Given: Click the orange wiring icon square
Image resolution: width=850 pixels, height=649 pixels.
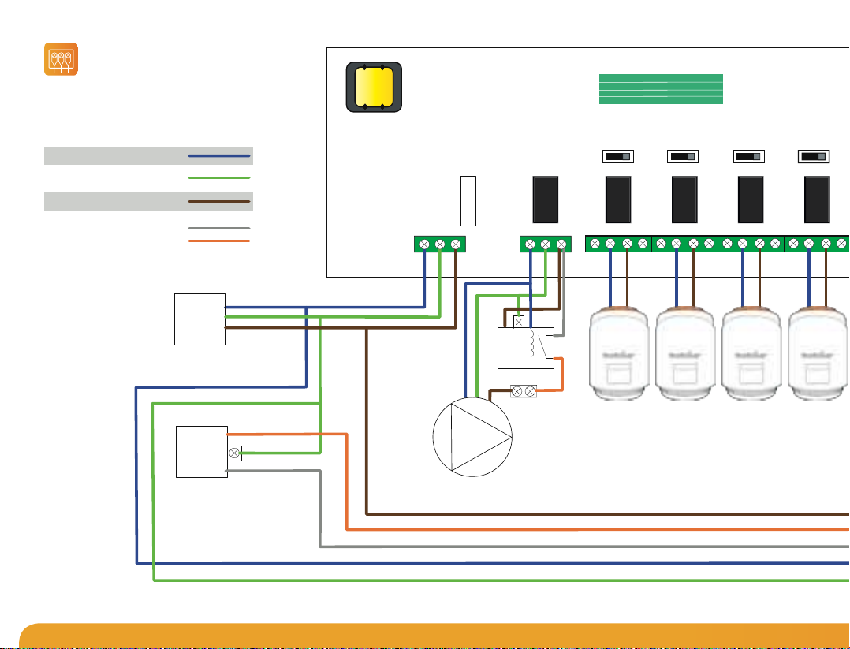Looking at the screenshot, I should [x=61, y=60].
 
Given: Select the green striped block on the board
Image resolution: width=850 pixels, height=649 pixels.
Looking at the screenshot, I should [x=661, y=89].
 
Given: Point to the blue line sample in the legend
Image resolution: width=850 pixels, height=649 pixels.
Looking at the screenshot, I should [x=219, y=156].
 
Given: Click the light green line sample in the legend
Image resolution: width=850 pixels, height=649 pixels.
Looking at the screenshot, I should [x=219, y=178].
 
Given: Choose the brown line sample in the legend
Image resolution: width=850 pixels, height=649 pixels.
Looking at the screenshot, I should [x=219, y=202].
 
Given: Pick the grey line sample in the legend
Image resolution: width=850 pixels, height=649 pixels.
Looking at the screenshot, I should [x=219, y=229].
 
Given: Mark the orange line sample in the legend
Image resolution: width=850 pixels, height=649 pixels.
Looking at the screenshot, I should [x=219, y=241].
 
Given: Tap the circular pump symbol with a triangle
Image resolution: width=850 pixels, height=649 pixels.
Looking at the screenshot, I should [x=473, y=437].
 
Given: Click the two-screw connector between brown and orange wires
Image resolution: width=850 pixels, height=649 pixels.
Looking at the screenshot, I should [x=524, y=391].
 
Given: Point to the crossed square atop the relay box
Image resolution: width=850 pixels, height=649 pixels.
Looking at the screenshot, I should [x=519, y=322].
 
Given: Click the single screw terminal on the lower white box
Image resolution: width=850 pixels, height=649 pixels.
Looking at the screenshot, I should [x=234, y=453].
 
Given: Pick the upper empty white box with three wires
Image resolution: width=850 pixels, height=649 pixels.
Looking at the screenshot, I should [x=199, y=319].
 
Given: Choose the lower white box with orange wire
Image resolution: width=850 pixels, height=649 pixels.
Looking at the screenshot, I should [x=201, y=451].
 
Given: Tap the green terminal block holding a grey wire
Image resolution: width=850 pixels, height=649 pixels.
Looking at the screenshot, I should [x=545, y=244].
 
